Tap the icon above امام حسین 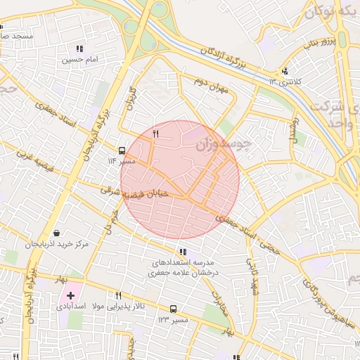[x=79, y=49]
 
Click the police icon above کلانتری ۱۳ [x=285, y=71]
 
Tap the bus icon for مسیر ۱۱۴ [x=122, y=150]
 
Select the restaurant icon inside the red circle [x=156, y=132]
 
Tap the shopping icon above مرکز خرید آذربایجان [x=56, y=233]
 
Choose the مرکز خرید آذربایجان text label [x=56, y=245]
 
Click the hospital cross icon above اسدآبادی [x=71, y=295]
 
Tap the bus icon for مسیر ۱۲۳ [x=174, y=309]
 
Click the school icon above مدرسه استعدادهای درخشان [x=183, y=252]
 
